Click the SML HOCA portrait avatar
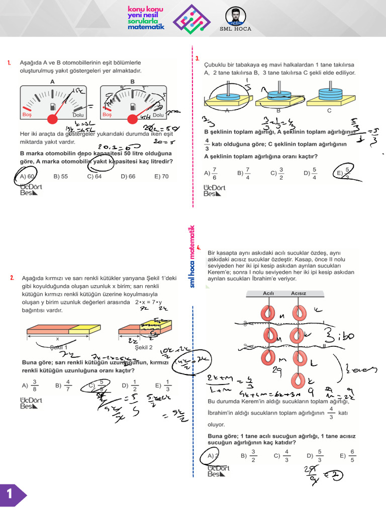pos(236,17)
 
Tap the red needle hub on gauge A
pos(52,119)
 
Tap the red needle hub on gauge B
pos(133,119)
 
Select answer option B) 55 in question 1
pos(60,177)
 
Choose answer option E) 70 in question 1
pos(162,177)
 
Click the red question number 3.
pos(198,59)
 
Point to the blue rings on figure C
pos(330,94)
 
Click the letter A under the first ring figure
pos(227,110)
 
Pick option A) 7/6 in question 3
pos(211,173)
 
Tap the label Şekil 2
pos(144,347)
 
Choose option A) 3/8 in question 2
pos(29,385)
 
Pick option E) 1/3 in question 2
pos(164,385)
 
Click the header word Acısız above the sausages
pos(299,293)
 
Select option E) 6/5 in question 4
pos(348,456)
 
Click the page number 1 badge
pos(10,494)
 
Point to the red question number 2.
pos(12,278)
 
